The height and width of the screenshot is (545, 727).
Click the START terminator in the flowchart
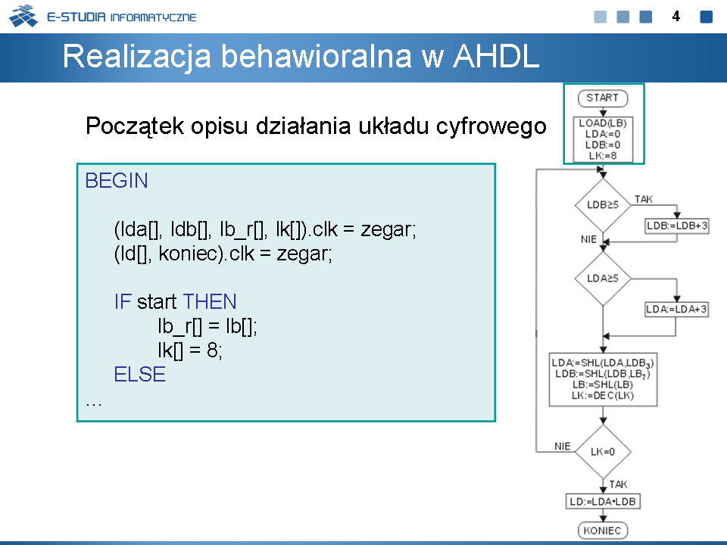(603, 98)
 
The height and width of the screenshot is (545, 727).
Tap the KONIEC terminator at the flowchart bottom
(603, 530)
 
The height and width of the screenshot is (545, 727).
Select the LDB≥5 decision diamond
(603, 205)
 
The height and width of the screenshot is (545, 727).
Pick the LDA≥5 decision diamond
(603, 279)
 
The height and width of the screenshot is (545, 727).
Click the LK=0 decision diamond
(603, 452)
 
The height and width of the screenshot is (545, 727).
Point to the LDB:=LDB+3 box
(677, 226)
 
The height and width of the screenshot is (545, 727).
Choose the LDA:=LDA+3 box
(677, 309)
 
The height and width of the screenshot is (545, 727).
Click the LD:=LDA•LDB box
(603, 501)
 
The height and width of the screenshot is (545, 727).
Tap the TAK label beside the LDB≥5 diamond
(644, 199)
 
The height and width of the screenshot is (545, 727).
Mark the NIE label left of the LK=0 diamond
(563, 447)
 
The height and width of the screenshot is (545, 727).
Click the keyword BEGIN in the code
(117, 181)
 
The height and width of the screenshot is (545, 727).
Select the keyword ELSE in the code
(139, 375)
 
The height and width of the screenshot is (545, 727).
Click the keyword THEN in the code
(210, 302)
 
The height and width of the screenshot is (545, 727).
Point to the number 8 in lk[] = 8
(212, 350)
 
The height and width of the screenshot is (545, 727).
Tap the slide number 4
(676, 17)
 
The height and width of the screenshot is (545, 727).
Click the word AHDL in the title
(496, 57)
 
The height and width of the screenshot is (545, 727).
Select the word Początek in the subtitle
(135, 126)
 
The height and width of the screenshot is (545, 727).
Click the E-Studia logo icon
(23, 16)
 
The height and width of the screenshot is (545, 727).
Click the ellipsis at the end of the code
(94, 404)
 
